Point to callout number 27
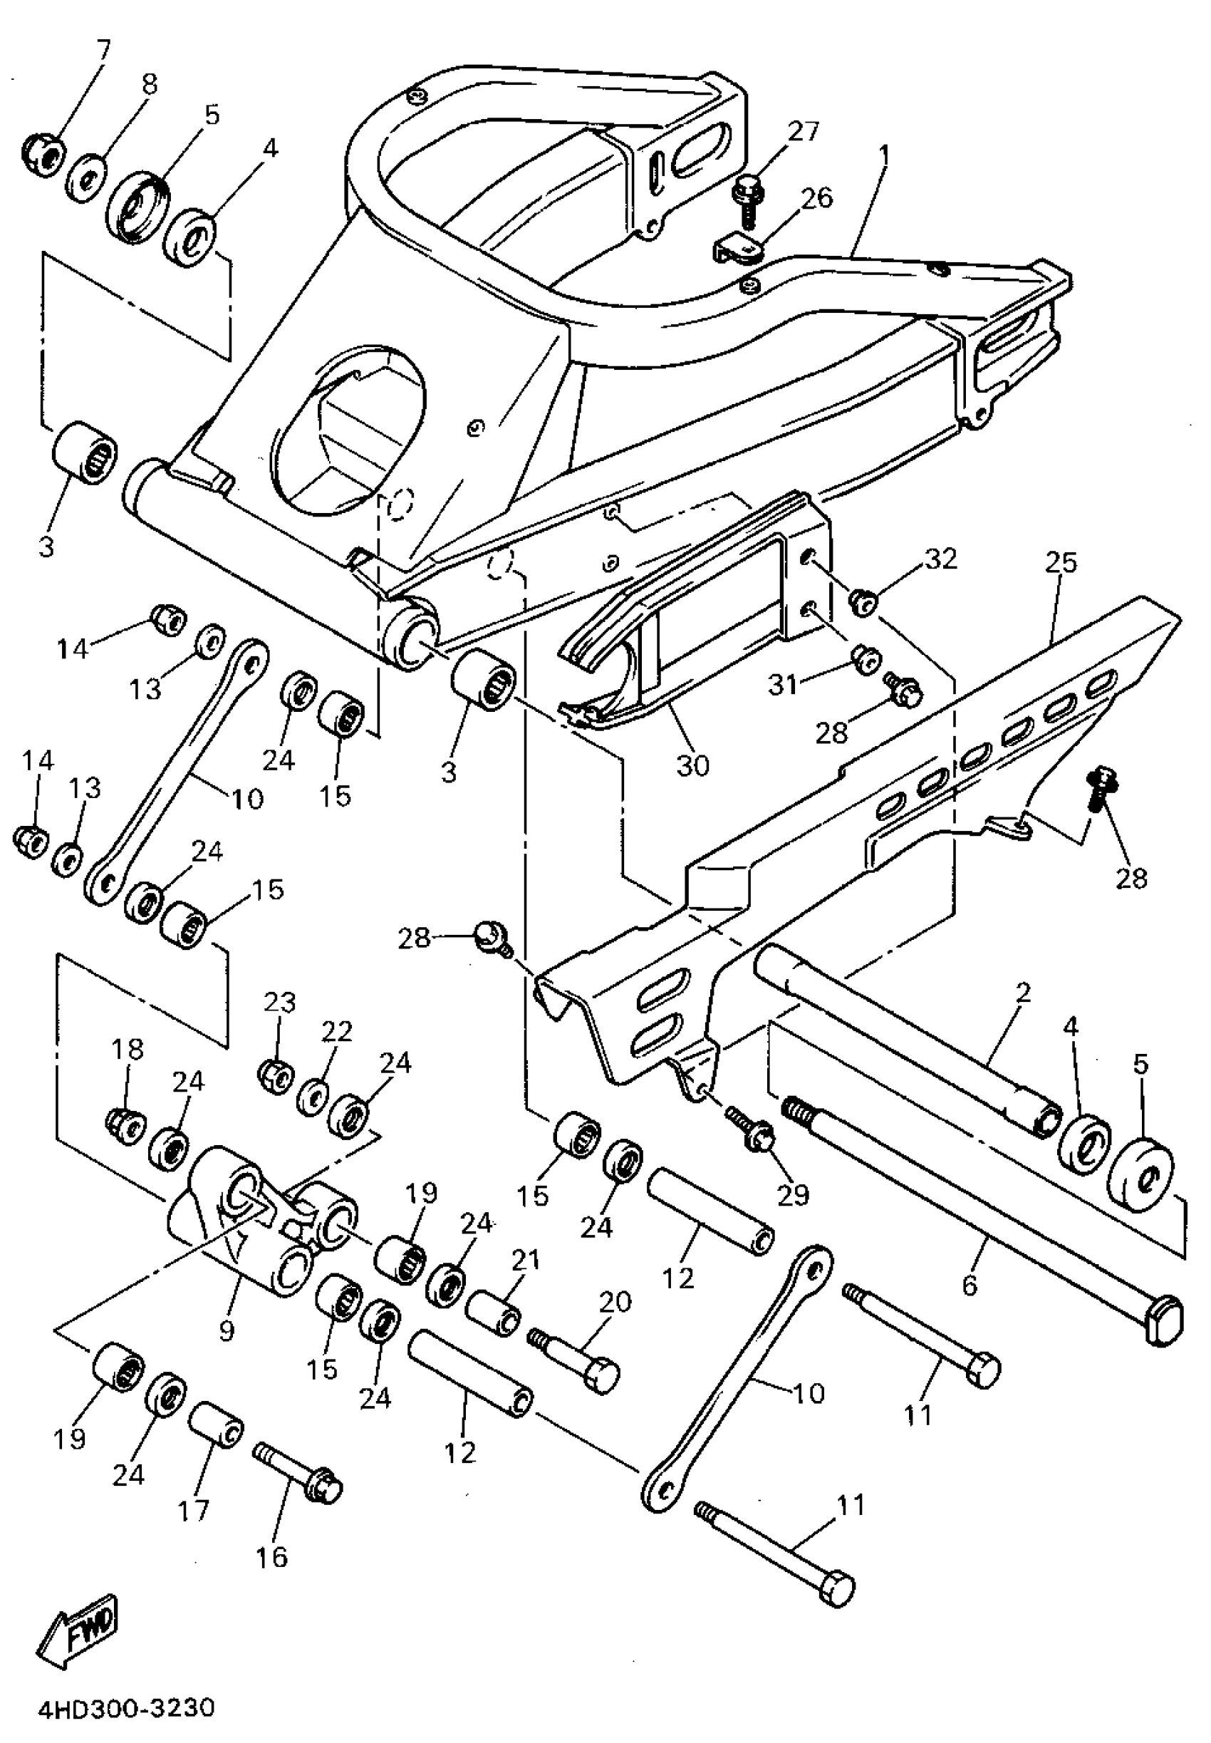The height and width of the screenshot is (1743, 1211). [804, 131]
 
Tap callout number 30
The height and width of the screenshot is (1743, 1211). [692, 765]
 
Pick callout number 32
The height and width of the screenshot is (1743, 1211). [941, 559]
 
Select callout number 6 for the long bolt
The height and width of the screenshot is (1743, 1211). [970, 1286]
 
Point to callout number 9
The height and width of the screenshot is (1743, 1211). [227, 1329]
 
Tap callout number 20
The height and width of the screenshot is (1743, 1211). [615, 1302]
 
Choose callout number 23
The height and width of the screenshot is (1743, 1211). [279, 1002]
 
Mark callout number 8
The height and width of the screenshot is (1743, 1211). [150, 84]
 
